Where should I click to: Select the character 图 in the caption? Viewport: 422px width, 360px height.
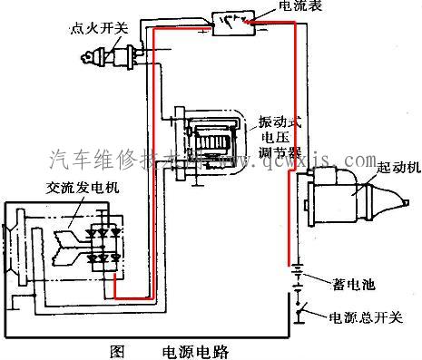pos(115,349)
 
